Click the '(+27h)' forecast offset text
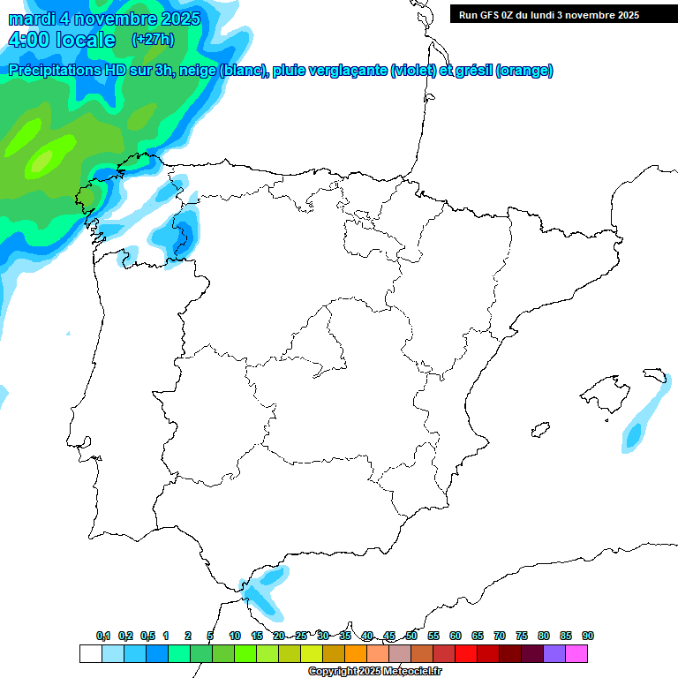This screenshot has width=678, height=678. point(153,39)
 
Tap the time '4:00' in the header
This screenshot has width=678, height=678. point(30,40)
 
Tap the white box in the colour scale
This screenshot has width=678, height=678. point(90,653)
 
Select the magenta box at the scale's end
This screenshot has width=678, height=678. point(576,653)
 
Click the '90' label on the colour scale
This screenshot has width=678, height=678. point(588,636)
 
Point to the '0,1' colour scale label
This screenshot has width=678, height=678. point(103,636)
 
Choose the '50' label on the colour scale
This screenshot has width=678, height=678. point(411,636)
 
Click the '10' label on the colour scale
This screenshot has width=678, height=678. point(235,636)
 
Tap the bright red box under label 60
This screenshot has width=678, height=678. point(466,653)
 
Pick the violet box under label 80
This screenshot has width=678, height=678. point(554,653)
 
